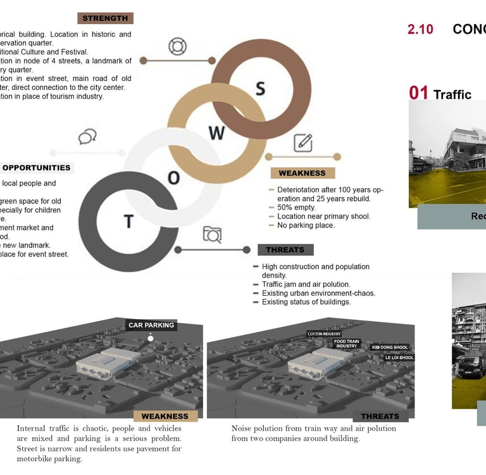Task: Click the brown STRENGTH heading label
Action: [105, 18]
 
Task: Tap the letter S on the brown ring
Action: [260, 89]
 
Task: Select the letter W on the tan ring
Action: [216, 133]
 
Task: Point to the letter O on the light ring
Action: [173, 178]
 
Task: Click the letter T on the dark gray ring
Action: [129, 222]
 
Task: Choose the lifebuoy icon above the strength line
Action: [178, 46]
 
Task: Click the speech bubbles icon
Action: [87, 137]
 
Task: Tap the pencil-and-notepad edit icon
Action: [303, 142]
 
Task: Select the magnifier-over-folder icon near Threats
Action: [212, 235]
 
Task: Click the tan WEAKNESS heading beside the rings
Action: [302, 173]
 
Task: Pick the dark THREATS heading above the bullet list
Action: [285, 250]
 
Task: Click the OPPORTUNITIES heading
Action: [36, 168]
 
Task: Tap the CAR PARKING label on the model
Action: [151, 326]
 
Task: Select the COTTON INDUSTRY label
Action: [324, 334]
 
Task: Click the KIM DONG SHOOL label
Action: [390, 347]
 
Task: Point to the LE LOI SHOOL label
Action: [399, 358]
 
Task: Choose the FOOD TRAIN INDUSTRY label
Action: [347, 344]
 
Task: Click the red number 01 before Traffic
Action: [418, 93]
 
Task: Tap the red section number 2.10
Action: [421, 29]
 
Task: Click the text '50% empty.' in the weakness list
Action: [296, 207]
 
